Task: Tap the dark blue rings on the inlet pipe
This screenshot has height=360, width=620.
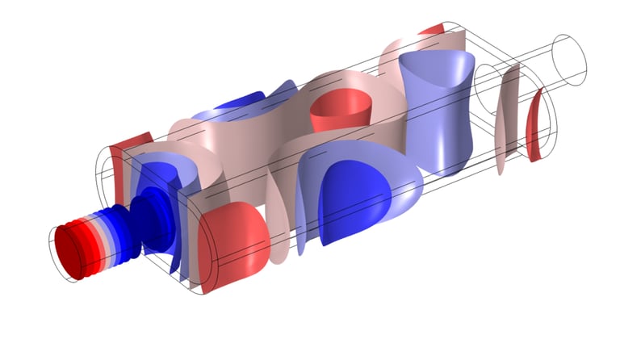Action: tap(111, 230)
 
